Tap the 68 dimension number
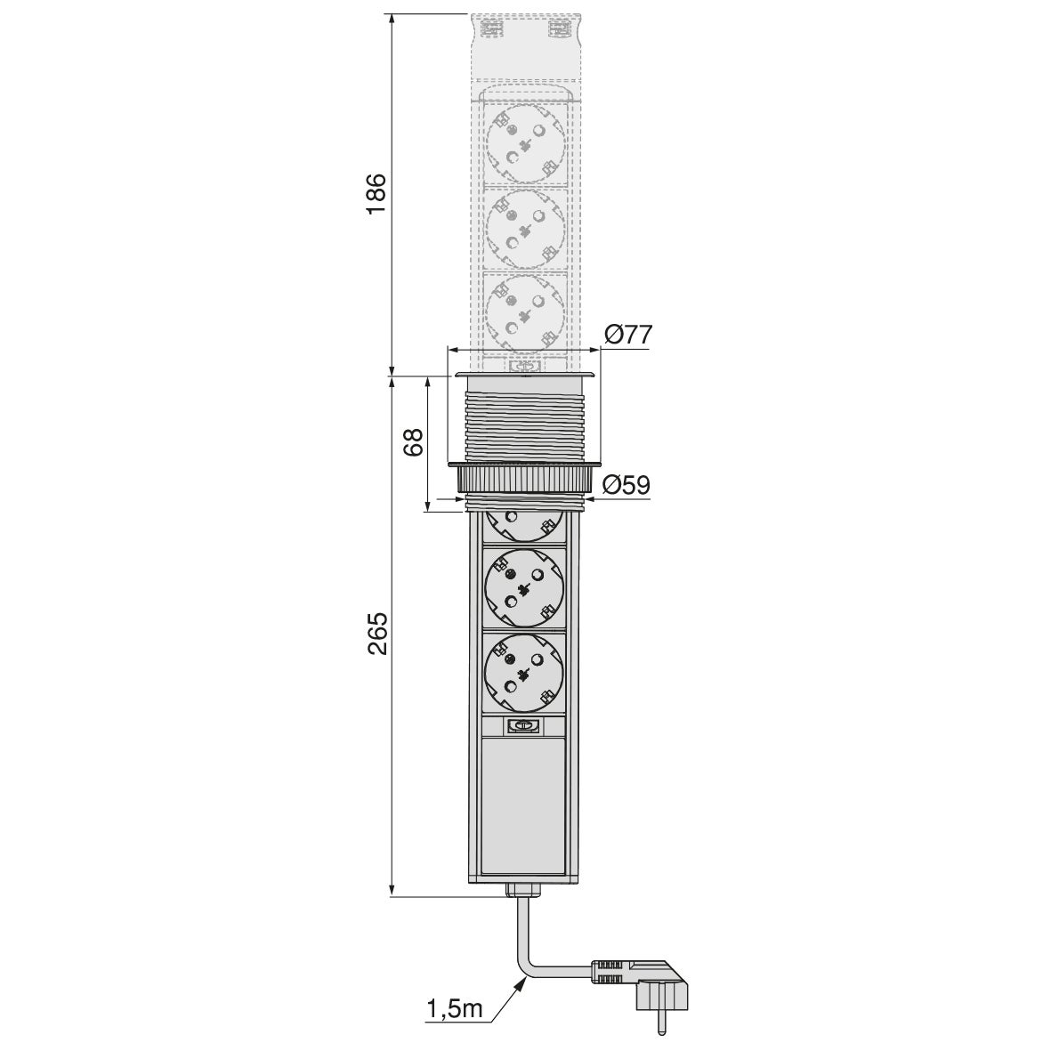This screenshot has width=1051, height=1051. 413,442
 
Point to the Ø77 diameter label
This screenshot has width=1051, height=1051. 627,335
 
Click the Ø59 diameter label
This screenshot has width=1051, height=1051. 627,485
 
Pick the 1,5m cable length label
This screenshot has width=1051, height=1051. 454,1008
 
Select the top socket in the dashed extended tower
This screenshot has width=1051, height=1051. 525,142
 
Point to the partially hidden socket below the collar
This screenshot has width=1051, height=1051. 524,524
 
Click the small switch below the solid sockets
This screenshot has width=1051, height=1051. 524,725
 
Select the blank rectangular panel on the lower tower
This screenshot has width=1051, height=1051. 524,805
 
